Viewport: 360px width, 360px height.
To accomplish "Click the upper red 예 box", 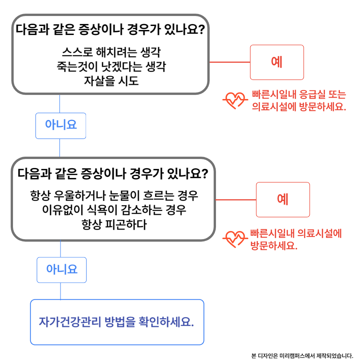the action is (x=277, y=62).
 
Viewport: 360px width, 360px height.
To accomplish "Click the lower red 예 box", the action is (x=283, y=200).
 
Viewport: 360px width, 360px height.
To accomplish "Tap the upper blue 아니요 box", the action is (x=61, y=126).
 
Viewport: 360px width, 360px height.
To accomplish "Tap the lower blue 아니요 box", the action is (x=62, y=270).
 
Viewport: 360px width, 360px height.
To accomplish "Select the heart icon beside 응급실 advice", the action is (x=235, y=100).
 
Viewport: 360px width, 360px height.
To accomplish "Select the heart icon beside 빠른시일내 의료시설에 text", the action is (x=235, y=239).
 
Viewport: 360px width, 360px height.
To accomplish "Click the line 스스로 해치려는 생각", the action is (x=111, y=52).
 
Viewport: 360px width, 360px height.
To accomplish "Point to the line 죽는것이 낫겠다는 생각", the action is (x=111, y=67).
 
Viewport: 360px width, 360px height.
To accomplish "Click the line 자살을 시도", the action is (x=111, y=81).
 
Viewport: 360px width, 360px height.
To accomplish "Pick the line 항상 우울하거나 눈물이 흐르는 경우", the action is (x=114, y=196).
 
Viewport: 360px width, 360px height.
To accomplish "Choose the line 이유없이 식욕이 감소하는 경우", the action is (x=114, y=210).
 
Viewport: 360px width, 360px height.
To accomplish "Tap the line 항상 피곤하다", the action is (x=114, y=224).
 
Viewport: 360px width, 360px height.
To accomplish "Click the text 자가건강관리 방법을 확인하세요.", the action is (x=116, y=322).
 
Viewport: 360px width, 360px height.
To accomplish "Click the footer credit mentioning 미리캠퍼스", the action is (x=302, y=356).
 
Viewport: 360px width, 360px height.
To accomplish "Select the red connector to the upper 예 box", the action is (x=230, y=62).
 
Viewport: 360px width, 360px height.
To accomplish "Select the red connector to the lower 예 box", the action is (x=236, y=200).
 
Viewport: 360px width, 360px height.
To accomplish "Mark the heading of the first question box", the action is (x=110, y=30).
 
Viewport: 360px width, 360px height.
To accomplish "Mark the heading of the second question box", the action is (x=113, y=173).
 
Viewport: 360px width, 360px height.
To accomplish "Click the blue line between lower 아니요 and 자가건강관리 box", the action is (x=61, y=291).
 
